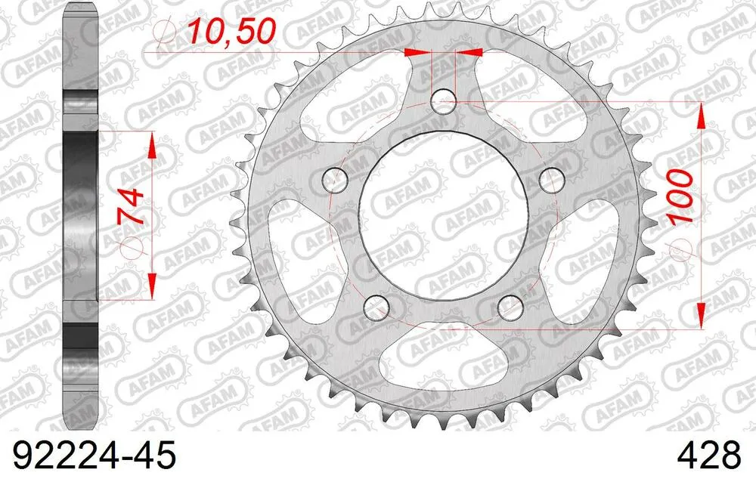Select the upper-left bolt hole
[x=333, y=180]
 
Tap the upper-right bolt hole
[x=555, y=180]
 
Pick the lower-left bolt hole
[x=376, y=307]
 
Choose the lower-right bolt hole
[x=513, y=307]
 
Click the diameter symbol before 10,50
[x=166, y=33]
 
